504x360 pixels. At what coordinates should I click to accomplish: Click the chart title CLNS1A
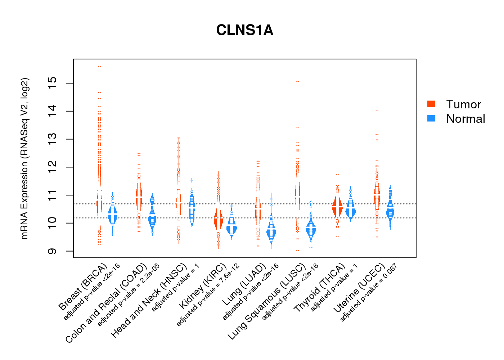click(x=244, y=30)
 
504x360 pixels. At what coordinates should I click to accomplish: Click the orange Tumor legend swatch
click(x=431, y=104)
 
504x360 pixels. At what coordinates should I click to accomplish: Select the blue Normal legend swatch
click(x=431, y=118)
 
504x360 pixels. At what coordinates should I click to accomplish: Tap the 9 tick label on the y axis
click(x=53, y=251)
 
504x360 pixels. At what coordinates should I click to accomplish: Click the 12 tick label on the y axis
click(x=53, y=167)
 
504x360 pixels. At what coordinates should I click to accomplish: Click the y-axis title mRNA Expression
click(x=24, y=158)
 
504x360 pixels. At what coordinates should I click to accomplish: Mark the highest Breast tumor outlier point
click(x=99, y=66)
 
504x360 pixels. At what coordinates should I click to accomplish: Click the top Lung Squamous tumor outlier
click(x=297, y=81)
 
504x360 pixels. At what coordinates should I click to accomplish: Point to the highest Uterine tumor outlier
click(x=377, y=111)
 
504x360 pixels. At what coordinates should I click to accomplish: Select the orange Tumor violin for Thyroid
click(x=337, y=207)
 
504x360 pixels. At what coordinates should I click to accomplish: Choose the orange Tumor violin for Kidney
click(x=218, y=220)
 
